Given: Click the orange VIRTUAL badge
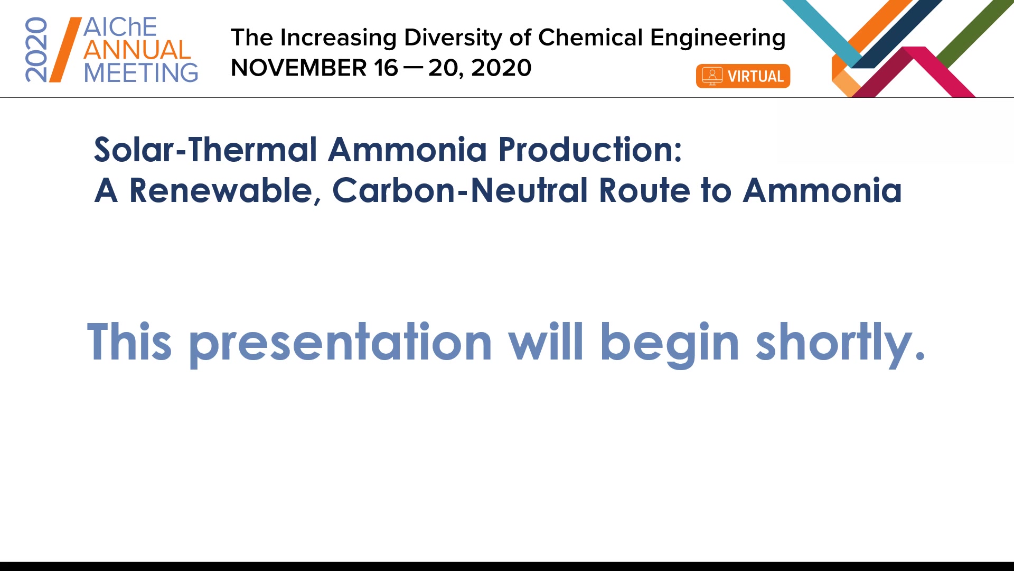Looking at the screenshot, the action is (743, 76).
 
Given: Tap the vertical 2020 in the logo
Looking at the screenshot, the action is (36, 50).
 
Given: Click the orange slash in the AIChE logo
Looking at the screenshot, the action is (65, 50).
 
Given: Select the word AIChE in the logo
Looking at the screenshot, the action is (120, 27).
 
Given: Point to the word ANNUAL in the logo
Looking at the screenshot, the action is (137, 50).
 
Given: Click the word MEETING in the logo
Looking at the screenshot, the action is (141, 72).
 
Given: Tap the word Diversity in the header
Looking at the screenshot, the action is (453, 38).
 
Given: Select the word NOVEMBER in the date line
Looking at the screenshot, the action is (299, 68).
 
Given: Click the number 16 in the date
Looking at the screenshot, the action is (386, 68).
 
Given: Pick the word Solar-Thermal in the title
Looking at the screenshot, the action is (206, 150).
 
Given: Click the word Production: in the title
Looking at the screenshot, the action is (590, 150).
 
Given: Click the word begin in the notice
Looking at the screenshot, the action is (670, 344).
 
